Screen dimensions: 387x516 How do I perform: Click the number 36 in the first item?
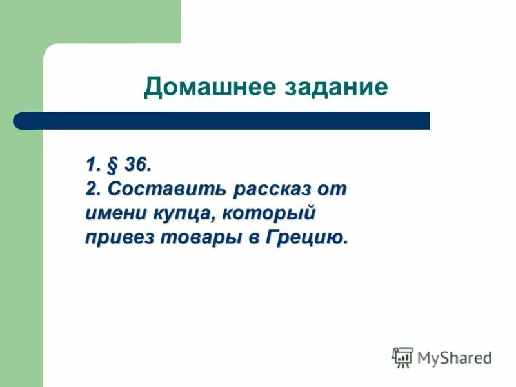point(137,166)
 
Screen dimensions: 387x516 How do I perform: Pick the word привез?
point(116,237)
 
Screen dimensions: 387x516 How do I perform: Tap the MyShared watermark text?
point(454,357)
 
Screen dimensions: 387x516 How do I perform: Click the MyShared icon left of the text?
point(402,357)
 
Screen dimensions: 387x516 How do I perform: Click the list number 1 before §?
point(91,166)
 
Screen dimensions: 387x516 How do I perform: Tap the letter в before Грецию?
point(253,237)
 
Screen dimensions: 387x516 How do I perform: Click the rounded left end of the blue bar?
point(20,121)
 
